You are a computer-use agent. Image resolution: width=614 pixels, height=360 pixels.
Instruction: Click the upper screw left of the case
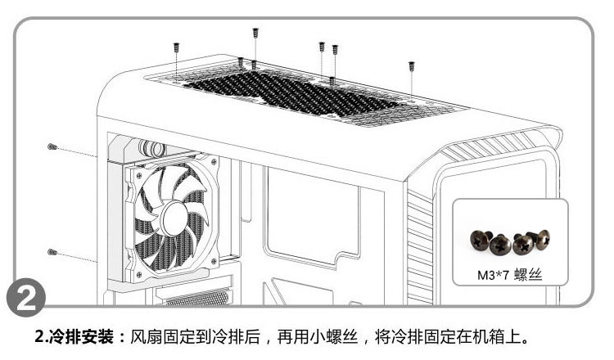coord(52,146)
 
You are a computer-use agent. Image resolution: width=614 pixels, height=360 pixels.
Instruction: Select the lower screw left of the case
coord(52,251)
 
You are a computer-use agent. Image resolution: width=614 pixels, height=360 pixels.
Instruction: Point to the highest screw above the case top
coord(255,34)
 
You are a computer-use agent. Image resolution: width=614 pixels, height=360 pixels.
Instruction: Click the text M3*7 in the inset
coord(493,276)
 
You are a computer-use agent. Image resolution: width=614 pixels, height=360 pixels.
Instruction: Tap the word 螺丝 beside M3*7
coord(528,276)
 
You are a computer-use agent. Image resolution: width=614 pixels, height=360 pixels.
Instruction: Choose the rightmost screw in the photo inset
coord(541,238)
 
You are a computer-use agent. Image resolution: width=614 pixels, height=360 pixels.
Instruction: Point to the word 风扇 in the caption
coord(146,337)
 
